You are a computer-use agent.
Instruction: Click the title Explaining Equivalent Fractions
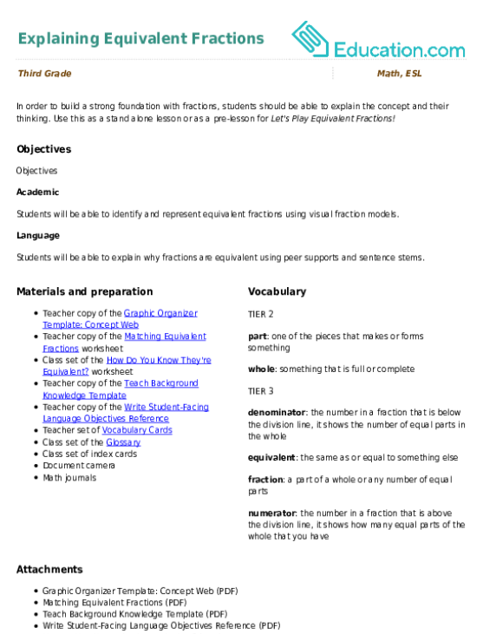point(141,39)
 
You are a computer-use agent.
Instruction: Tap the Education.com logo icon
point(310,39)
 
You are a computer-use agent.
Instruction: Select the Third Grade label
point(45,74)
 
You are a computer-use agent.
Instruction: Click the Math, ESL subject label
point(400,74)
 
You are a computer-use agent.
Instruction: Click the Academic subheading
point(38,192)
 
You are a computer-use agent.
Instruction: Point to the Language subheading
point(38,236)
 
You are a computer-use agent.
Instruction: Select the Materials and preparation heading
point(85,291)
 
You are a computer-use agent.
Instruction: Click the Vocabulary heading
point(277,291)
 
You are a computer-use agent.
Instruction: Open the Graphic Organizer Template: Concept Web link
point(120,319)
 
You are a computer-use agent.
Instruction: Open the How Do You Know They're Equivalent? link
point(127,366)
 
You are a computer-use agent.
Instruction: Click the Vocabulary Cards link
point(137,430)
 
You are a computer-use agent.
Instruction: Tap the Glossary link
point(123,442)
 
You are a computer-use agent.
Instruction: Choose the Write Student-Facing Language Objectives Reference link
point(126,413)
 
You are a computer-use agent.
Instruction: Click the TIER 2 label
point(261,314)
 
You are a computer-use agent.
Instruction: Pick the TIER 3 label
point(261,391)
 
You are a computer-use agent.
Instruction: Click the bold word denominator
point(277,413)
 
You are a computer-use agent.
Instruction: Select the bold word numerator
point(272,513)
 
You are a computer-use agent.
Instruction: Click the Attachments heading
point(49,569)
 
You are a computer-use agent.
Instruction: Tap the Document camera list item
point(79,466)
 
